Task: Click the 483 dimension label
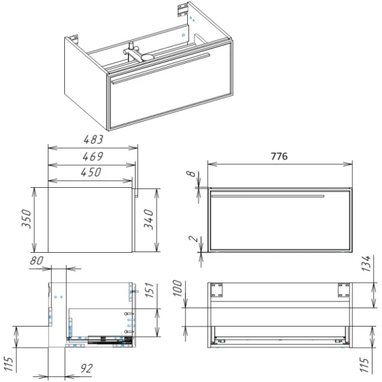point(94,139)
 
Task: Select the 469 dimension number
point(93,157)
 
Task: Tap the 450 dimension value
point(91,173)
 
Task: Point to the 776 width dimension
point(279,156)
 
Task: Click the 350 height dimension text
point(27,219)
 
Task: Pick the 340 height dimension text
point(148,219)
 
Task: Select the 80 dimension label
point(37,261)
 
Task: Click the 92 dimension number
point(87,369)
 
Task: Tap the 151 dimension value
point(150,290)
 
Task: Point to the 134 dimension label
point(366,264)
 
